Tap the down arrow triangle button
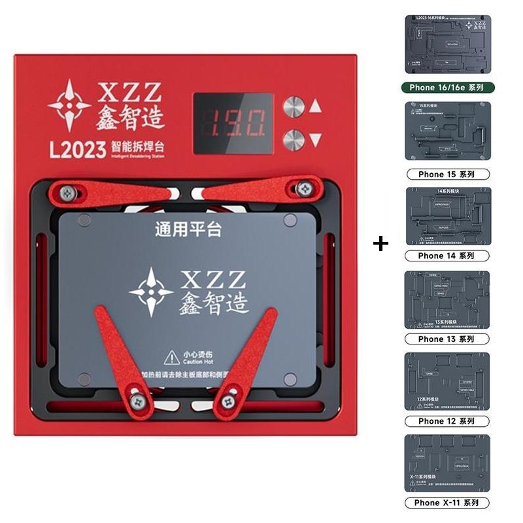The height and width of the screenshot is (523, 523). (x=316, y=139)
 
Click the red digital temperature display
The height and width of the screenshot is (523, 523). (x=233, y=123)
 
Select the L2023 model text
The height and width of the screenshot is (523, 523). (x=77, y=150)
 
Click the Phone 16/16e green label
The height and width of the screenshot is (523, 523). (x=447, y=87)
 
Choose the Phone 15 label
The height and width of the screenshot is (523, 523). (x=447, y=175)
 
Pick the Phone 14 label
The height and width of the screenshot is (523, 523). (x=447, y=256)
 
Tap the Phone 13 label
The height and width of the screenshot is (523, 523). (x=447, y=339)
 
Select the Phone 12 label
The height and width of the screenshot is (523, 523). (x=447, y=421)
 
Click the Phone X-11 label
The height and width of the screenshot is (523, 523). (x=447, y=503)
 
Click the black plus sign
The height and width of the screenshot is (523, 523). (x=380, y=244)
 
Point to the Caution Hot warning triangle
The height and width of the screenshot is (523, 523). (x=172, y=357)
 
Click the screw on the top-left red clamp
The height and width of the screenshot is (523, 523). (x=68, y=193)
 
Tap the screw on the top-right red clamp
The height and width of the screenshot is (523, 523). (x=303, y=189)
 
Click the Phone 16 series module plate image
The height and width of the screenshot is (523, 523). (x=447, y=45)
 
